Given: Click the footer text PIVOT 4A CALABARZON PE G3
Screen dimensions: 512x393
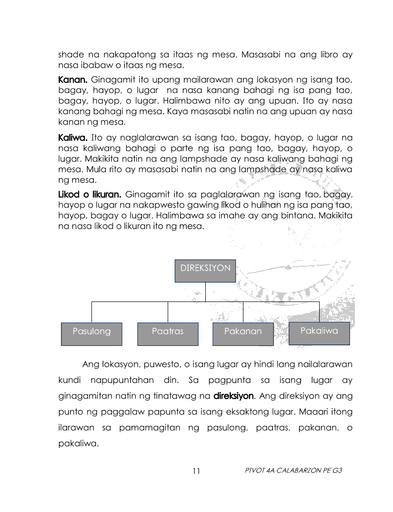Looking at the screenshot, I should pyautogui.click(x=293, y=470).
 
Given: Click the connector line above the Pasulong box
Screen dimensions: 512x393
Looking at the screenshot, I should pyautogui.click(x=91, y=312).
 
